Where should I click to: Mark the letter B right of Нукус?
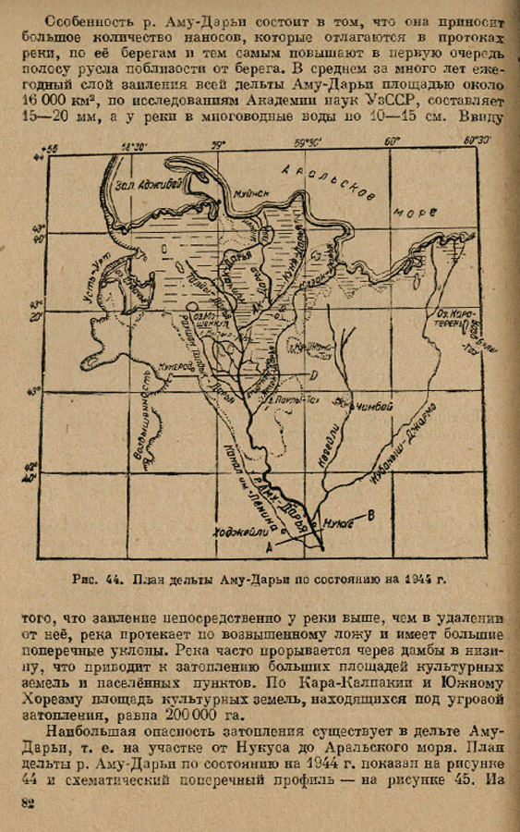[370, 515]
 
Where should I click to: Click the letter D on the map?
[314, 374]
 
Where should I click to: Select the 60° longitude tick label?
[392, 141]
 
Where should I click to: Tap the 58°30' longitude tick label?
[133, 145]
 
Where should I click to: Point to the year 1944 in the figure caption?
[417, 581]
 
